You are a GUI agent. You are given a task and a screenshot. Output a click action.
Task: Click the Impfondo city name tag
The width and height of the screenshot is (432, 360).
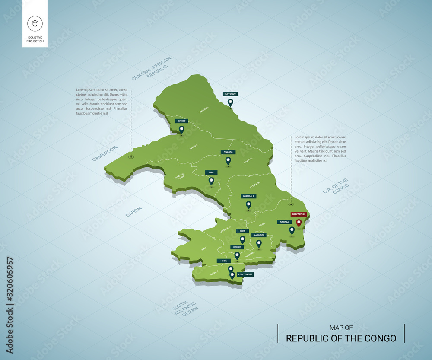pos(230,94)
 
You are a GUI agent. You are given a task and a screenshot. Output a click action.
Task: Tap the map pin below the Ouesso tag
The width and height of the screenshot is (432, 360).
pos(181,129)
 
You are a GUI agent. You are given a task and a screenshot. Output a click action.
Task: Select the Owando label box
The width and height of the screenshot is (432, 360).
pos(228,152)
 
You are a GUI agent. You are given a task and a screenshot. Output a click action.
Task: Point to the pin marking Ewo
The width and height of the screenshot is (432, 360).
pos(211,181)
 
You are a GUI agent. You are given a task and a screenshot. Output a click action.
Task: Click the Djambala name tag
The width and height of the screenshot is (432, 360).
pos(248,196)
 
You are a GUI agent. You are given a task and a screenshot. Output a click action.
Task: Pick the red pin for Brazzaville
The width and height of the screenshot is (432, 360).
pos(299,223)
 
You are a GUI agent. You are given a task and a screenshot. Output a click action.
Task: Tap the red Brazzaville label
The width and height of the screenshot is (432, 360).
pos(299,214)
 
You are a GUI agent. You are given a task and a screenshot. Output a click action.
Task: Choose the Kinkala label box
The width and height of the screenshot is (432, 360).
pos(284,222)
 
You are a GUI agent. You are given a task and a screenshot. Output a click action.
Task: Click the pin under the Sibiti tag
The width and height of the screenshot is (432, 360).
pos(242,239)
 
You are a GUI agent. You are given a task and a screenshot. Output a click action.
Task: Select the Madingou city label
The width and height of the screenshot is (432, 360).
pos(259,235)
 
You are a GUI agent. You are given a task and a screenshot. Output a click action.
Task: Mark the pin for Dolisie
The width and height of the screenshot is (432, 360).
pos(237,255)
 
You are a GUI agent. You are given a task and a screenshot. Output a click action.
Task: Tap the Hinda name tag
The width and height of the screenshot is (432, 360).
pos(223,261)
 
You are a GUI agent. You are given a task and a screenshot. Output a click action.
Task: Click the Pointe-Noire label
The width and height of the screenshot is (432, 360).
pos(245,274)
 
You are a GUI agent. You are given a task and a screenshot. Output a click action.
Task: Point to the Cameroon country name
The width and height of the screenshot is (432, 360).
pos(105,153)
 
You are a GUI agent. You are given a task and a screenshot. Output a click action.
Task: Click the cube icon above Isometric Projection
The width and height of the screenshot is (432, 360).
pos(35,23)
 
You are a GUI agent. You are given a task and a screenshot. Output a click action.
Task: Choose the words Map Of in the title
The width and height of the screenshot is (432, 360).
pos(341,328)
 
